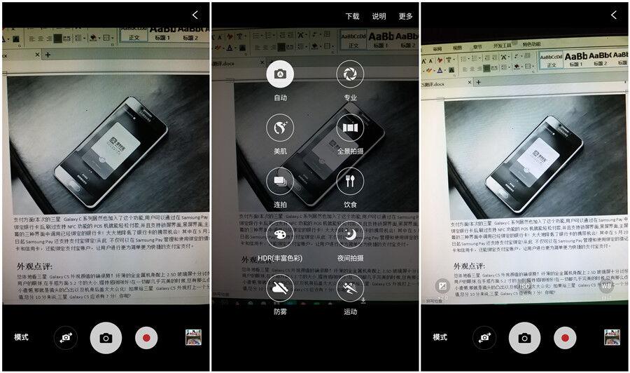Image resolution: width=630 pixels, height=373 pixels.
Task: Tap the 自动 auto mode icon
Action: pyautogui.click(x=280, y=74)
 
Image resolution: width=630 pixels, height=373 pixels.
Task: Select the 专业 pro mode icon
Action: pyautogui.click(x=350, y=74)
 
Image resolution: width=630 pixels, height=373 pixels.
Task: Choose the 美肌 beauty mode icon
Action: pyautogui.click(x=280, y=128)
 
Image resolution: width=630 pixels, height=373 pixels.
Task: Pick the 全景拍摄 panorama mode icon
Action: pyautogui.click(x=350, y=128)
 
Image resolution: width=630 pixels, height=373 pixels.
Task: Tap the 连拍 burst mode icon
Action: pyautogui.click(x=280, y=181)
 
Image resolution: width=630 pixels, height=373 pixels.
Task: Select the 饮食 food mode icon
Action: pyautogui.click(x=350, y=181)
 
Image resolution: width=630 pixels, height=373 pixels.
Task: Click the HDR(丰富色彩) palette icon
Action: pyautogui.click(x=280, y=235)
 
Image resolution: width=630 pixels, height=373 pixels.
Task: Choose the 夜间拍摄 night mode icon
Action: pyautogui.click(x=350, y=235)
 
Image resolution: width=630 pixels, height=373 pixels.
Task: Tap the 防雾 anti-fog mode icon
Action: pyautogui.click(x=280, y=288)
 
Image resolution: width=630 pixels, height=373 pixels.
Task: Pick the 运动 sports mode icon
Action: pyautogui.click(x=350, y=288)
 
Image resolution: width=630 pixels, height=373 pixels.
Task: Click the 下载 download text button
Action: pyautogui.click(x=352, y=16)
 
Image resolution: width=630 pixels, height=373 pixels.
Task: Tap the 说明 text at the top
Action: pyautogui.click(x=379, y=16)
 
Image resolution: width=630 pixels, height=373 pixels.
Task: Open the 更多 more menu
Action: pyautogui.click(x=405, y=16)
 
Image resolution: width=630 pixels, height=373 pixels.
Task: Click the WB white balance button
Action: pyautogui.click(x=605, y=286)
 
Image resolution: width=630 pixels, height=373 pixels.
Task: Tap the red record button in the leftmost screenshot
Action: pyautogui.click(x=146, y=337)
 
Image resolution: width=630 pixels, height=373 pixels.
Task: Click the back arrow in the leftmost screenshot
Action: pyautogui.click(x=195, y=15)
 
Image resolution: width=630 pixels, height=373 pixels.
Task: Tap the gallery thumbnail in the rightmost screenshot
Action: pyautogui.click(x=612, y=337)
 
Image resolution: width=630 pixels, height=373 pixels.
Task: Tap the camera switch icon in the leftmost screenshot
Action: pyautogui.click(x=66, y=337)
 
